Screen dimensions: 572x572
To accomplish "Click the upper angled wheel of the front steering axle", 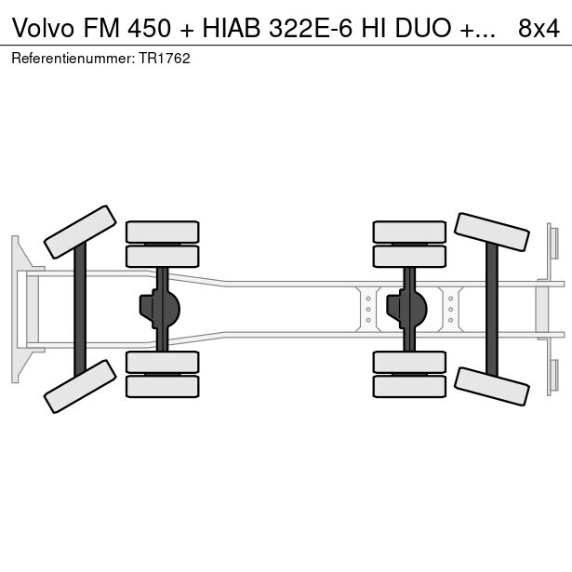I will pos(80,232).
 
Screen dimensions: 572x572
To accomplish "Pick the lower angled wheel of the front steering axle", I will pos(80,385).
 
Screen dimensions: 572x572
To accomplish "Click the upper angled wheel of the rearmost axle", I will pos(491,233).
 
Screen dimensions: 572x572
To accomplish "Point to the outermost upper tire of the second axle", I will pos(162,232).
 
